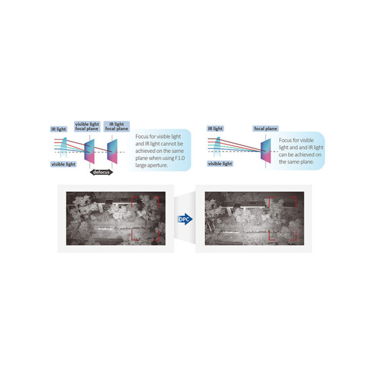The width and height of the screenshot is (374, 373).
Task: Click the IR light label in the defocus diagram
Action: coord(59,129)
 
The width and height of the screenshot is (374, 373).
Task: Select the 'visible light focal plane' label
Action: coord(87,126)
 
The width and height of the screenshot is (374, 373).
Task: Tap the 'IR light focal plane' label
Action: coord(116,126)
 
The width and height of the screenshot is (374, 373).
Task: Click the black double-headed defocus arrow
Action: coord(101,172)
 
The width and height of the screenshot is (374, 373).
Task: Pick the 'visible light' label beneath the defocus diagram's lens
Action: coord(63,164)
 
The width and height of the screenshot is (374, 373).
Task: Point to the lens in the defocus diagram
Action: coord(64,147)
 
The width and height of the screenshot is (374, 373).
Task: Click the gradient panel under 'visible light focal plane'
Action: coord(89,151)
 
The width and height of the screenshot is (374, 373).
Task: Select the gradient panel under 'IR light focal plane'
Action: coord(112,151)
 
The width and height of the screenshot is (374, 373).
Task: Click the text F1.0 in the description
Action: coord(180,158)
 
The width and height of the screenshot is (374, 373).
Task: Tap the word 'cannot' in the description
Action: coord(168,144)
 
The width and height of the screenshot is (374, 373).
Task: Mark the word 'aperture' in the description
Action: coord(158,165)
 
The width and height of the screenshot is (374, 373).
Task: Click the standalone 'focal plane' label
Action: coord(266,129)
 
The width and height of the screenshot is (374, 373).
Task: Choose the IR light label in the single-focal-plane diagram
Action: coord(215,129)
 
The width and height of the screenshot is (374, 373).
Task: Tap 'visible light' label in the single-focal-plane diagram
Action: coord(220,164)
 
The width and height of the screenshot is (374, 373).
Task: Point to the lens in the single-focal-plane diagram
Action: coord(217,147)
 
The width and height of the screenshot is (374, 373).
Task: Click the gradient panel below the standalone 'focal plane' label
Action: coord(266,151)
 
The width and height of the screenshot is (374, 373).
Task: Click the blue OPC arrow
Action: coord(185,219)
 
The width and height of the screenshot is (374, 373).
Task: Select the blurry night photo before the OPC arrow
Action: coord(115,218)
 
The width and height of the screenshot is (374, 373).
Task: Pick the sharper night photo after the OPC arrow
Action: coord(254,218)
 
